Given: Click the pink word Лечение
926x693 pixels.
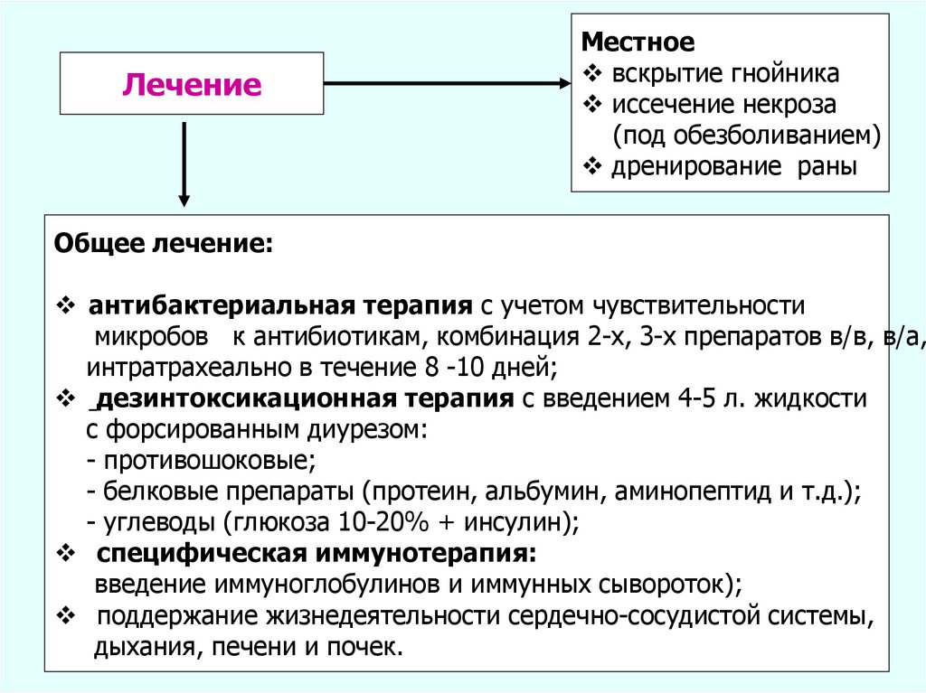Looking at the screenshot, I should click(192, 86).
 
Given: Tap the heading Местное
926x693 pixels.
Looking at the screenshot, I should click(638, 42).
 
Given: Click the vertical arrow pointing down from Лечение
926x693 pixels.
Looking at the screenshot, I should click(184, 163).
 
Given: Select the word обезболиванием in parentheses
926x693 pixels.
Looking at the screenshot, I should click(781, 136).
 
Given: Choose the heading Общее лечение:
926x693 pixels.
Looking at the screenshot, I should click(162, 244).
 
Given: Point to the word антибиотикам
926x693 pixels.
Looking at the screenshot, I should click(331, 336).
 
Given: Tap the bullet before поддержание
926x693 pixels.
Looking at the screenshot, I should click(68, 616).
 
